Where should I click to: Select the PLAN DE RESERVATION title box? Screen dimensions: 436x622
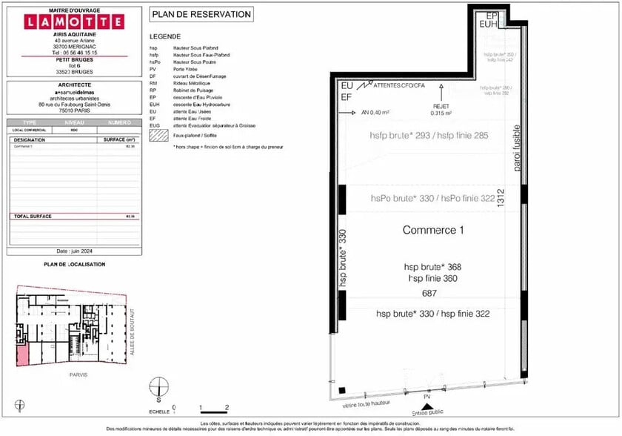tap(201, 14)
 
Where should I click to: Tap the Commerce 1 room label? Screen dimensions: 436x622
tap(432, 230)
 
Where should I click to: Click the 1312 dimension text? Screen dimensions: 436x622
tap(501, 197)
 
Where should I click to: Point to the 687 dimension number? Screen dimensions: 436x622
tap(429, 293)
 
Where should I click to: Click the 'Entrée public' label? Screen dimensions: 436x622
tap(428, 412)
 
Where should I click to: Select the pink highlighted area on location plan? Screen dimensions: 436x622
tap(23, 354)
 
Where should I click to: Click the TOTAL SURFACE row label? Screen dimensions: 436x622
tap(31, 217)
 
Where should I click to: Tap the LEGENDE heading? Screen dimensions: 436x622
tap(164, 36)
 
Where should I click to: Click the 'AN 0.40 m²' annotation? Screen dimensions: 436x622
tap(376, 113)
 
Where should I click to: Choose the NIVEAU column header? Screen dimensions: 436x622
tap(75, 122)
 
